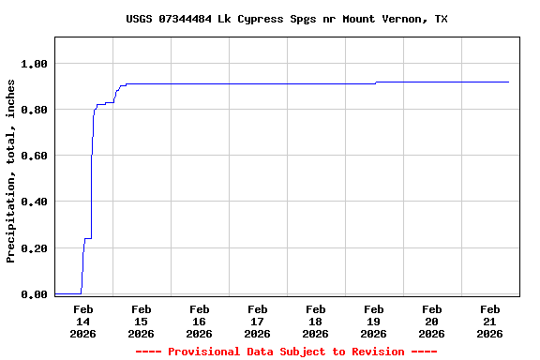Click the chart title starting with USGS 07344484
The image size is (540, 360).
pos(286,19)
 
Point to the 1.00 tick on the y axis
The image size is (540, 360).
pos(33,64)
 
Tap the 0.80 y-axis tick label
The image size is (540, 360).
pos(33,110)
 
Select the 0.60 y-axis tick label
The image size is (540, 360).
pos(33,156)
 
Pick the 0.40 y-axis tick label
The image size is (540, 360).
pos(33,202)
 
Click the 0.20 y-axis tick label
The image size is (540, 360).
pos(33,248)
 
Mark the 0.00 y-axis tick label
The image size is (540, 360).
pos(33,294)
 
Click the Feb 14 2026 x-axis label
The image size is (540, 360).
pos(82,321)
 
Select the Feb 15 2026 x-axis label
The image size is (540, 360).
pos(141,321)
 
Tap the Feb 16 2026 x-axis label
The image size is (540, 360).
pos(199,321)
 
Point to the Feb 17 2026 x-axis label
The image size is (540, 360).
pos(257,321)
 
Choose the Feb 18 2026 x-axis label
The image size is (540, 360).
pos(315,321)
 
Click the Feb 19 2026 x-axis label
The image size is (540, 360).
pos(373,321)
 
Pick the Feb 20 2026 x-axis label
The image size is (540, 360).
pos(431,321)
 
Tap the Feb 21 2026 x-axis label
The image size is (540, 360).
pos(489,321)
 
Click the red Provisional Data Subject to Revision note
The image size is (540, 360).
pos(286,352)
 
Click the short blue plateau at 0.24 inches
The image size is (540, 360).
pos(87,238)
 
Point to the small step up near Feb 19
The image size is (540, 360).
pos(376,82)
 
